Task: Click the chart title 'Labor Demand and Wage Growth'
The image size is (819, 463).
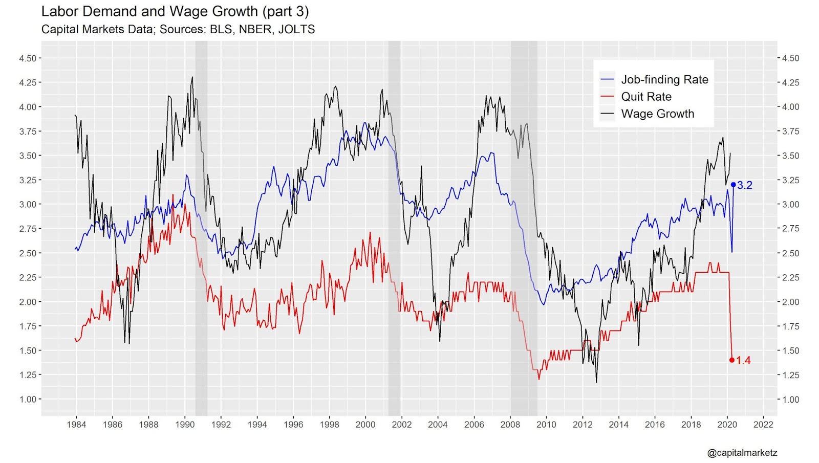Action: tap(175, 11)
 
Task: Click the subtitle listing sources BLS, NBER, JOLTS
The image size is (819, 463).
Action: tap(178, 29)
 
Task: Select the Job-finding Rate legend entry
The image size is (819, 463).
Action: tap(664, 79)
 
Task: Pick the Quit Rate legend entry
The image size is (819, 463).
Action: tap(646, 97)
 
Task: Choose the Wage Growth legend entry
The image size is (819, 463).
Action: tap(657, 114)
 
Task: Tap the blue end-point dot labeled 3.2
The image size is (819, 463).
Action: tap(733, 185)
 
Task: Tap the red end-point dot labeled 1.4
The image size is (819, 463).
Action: tap(732, 360)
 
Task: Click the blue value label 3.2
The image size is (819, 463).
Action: tap(745, 185)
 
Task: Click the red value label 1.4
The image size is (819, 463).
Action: tap(743, 361)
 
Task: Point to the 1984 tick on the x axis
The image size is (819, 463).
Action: tap(76, 424)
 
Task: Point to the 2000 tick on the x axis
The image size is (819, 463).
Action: tap(365, 424)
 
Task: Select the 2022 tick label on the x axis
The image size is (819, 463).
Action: tap(763, 424)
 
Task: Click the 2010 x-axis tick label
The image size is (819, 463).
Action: tap(546, 424)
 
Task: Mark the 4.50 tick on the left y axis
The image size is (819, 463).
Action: tap(28, 58)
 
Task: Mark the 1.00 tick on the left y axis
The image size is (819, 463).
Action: tap(28, 399)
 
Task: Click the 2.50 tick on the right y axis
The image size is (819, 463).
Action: tap(791, 253)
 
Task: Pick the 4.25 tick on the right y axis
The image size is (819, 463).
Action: tap(791, 82)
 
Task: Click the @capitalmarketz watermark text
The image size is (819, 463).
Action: tap(742, 453)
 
